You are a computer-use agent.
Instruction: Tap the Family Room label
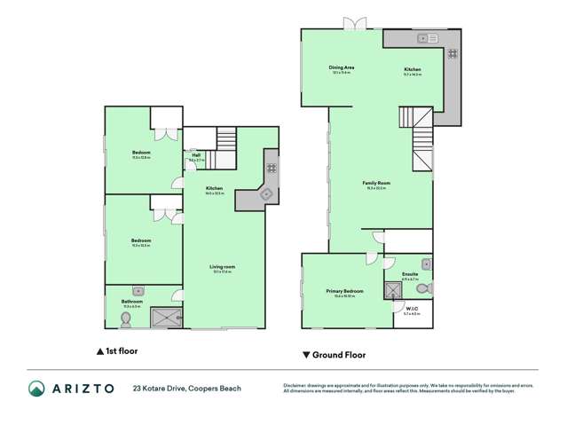(378, 183)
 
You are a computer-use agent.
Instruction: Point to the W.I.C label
(411, 311)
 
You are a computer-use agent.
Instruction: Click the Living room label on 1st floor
(222, 266)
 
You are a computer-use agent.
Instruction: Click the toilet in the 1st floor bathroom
(126, 319)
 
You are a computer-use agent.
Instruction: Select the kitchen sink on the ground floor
(423, 38)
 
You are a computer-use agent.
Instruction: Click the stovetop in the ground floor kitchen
(452, 52)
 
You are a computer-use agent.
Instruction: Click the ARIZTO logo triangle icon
(35, 388)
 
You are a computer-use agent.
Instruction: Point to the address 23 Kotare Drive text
(186, 388)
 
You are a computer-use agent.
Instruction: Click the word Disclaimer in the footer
(295, 385)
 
